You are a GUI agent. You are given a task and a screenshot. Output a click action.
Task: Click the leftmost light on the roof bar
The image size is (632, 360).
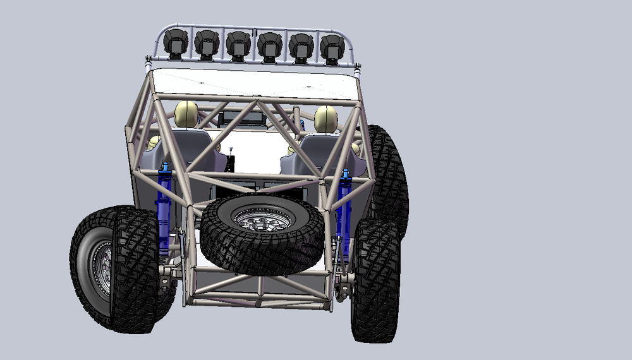click(x=176, y=43)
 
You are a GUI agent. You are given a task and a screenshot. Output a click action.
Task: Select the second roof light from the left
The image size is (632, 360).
click(x=207, y=44)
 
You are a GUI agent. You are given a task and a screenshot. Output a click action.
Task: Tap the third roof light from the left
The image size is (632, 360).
click(x=238, y=44)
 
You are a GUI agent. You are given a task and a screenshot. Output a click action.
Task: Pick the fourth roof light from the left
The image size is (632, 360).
click(x=270, y=45)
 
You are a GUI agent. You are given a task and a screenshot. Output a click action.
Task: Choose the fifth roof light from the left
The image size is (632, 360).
click(x=301, y=45)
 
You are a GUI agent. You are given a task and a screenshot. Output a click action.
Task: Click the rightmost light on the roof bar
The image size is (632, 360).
click(x=332, y=46)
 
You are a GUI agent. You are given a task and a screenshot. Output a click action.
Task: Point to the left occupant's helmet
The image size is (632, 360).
click(x=186, y=114)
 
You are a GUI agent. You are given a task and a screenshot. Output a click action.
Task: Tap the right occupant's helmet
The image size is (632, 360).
click(x=325, y=118)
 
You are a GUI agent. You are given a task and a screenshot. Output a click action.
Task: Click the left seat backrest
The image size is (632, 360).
click(x=193, y=152)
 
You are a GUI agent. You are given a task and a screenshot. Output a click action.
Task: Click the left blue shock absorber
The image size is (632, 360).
click(x=164, y=202)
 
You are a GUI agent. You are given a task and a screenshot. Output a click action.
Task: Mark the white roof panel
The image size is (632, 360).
click(x=253, y=82)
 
